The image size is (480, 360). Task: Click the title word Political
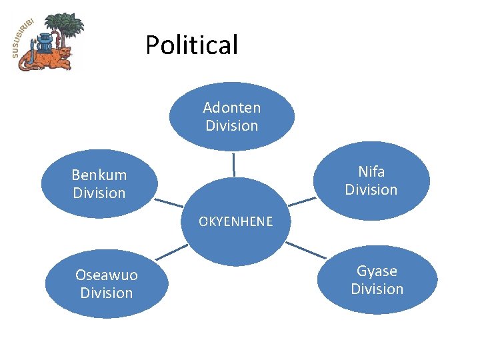pyautogui.click(x=191, y=45)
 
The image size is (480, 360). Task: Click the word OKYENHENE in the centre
pyautogui.click(x=236, y=222)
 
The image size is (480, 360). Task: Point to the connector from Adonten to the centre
pyautogui.click(x=234, y=164)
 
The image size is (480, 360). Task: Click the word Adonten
pyautogui.click(x=231, y=107)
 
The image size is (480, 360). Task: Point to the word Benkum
pyautogui.click(x=99, y=175)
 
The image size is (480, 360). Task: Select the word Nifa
pyautogui.click(x=371, y=172)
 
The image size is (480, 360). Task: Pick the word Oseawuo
pyautogui.click(x=107, y=275)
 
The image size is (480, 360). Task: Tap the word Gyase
pyautogui.click(x=377, y=271)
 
